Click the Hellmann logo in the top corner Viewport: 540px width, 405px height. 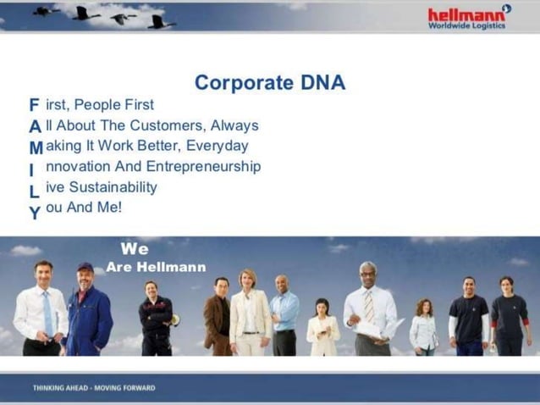[x=468, y=16]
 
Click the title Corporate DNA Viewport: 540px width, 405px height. [x=269, y=83]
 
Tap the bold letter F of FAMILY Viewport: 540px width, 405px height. [x=34, y=105]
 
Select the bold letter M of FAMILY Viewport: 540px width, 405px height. [x=36, y=147]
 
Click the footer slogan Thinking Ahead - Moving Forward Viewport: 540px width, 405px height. [x=94, y=388]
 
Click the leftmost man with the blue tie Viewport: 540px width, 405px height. [x=41, y=309]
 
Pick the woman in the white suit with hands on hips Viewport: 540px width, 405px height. [x=249, y=313]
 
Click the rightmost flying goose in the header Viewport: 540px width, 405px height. [x=161, y=20]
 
